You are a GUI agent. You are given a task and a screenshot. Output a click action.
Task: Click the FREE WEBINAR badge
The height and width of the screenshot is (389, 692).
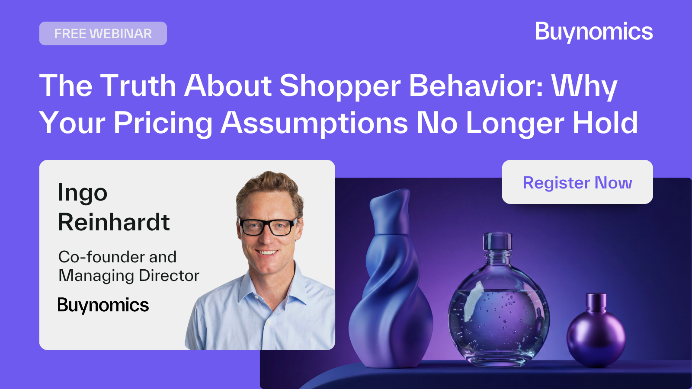click(103, 33)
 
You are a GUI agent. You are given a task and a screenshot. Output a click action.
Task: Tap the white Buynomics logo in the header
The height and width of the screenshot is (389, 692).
click(594, 32)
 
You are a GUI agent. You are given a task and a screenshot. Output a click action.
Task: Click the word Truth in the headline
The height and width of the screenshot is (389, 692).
click(138, 85)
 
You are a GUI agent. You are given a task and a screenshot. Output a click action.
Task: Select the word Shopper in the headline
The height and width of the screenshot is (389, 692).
click(340, 86)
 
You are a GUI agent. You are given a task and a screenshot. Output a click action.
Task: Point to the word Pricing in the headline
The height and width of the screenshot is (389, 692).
click(163, 123)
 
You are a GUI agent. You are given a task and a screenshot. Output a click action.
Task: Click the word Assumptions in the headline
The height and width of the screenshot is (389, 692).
click(314, 123)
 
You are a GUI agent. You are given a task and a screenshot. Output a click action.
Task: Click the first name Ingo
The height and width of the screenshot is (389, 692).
click(83, 193)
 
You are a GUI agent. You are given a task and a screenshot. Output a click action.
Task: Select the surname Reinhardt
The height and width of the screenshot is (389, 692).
click(114, 222)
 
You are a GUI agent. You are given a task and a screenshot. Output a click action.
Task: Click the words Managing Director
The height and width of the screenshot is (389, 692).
click(129, 276)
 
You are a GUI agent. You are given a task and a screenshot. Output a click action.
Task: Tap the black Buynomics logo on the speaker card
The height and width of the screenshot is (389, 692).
click(103, 305)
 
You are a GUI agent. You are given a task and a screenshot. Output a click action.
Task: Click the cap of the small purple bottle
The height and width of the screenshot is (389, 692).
click(596, 301)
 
